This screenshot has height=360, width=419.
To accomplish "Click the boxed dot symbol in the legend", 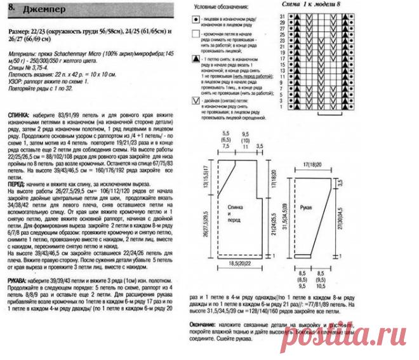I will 194,21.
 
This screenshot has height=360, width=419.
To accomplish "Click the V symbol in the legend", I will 194,100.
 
